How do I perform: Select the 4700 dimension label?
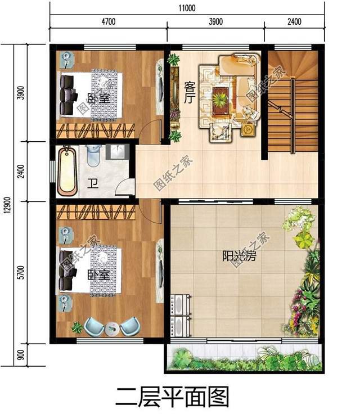click(108, 22)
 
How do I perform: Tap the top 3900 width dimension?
click(215, 22)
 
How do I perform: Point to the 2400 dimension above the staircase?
click(294, 22)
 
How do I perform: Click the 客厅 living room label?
click(190, 93)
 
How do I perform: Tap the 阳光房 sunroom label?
click(239, 257)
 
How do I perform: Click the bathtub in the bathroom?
click(69, 171)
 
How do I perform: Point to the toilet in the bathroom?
click(94, 154)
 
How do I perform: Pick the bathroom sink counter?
click(118, 154)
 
